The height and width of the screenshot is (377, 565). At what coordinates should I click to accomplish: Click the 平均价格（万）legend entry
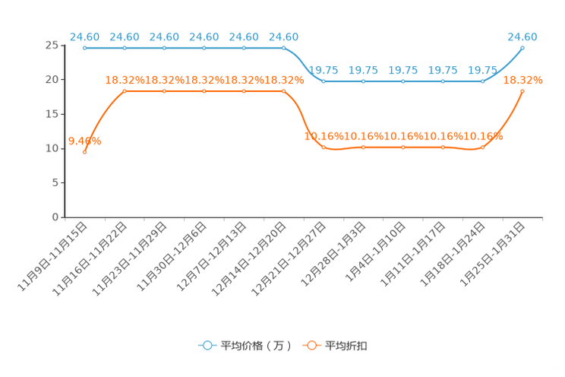[x=245, y=346]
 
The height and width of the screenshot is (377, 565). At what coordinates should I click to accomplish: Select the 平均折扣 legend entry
[x=335, y=346]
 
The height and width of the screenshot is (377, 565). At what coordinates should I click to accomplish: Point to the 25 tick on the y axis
[x=52, y=45]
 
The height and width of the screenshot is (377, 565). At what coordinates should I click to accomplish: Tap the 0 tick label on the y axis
[x=55, y=217]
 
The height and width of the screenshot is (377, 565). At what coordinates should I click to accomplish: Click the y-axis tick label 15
[x=52, y=114]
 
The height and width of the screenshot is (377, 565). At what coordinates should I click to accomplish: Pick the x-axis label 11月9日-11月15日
[x=52, y=256]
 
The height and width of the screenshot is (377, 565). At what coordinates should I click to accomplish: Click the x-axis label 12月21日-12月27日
[x=289, y=259]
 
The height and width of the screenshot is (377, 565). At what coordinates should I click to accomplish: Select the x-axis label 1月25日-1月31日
[x=493, y=255]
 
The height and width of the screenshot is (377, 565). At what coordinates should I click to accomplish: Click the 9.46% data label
[x=85, y=141]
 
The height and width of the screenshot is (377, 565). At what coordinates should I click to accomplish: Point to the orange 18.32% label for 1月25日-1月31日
[x=522, y=80]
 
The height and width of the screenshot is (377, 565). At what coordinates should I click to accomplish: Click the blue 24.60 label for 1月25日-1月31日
[x=522, y=36]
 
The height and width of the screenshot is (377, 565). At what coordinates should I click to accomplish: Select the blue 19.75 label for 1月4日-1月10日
[x=402, y=70]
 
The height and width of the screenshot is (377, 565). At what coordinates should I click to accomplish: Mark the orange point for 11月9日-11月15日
[x=85, y=152]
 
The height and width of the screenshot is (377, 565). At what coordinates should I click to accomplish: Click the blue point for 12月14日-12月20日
[x=283, y=48]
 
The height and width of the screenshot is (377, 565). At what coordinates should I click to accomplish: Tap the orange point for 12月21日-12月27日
[x=324, y=147]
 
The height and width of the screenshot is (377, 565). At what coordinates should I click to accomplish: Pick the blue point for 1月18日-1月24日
[x=483, y=81]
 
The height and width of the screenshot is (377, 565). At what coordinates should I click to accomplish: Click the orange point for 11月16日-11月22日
[x=125, y=91]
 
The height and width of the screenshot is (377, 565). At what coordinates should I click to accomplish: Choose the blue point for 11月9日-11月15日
[x=85, y=48]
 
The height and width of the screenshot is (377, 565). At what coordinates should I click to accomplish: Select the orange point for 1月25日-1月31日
[x=522, y=91]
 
